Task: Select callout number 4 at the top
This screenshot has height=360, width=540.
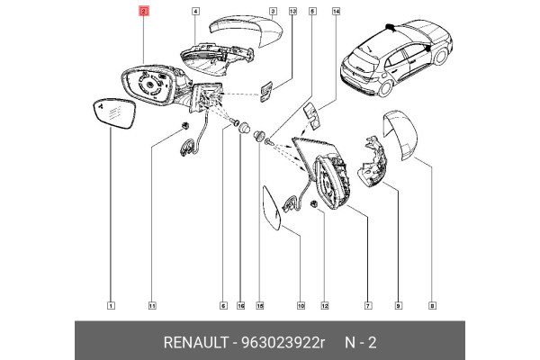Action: pyautogui.click(x=195, y=13)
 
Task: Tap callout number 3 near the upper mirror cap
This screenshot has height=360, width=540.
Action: pyautogui.click(x=273, y=13)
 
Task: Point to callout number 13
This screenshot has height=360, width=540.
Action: pyautogui.click(x=292, y=13)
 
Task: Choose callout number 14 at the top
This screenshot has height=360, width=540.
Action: pyautogui.click(x=336, y=13)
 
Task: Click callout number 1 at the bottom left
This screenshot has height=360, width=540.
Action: pyautogui.click(x=110, y=306)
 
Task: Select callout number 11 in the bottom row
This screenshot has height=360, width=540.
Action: pyautogui.click(x=152, y=306)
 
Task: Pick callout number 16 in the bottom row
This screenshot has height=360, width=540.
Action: pyautogui.click(x=240, y=306)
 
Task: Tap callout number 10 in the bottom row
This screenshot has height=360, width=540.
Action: pyautogui.click(x=300, y=306)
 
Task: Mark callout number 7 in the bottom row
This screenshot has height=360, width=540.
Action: pyautogui.click(x=367, y=306)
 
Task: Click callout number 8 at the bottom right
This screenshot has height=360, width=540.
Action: pyautogui.click(x=432, y=306)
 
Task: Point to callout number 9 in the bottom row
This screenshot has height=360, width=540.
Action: pyautogui.click(x=398, y=306)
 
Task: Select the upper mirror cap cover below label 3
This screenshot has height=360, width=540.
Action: pyautogui.click(x=242, y=35)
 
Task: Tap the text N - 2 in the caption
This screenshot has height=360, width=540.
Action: pyautogui.click(x=362, y=342)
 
